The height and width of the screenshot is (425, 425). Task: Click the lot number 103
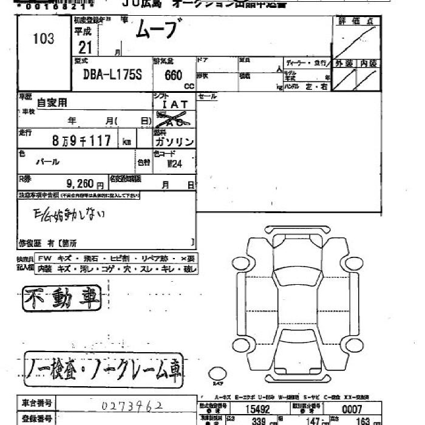(x=44, y=39)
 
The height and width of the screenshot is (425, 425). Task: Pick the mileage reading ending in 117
(x=81, y=141)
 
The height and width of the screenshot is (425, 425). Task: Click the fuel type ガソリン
(x=175, y=141)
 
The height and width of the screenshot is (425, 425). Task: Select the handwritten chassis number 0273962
(x=131, y=405)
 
